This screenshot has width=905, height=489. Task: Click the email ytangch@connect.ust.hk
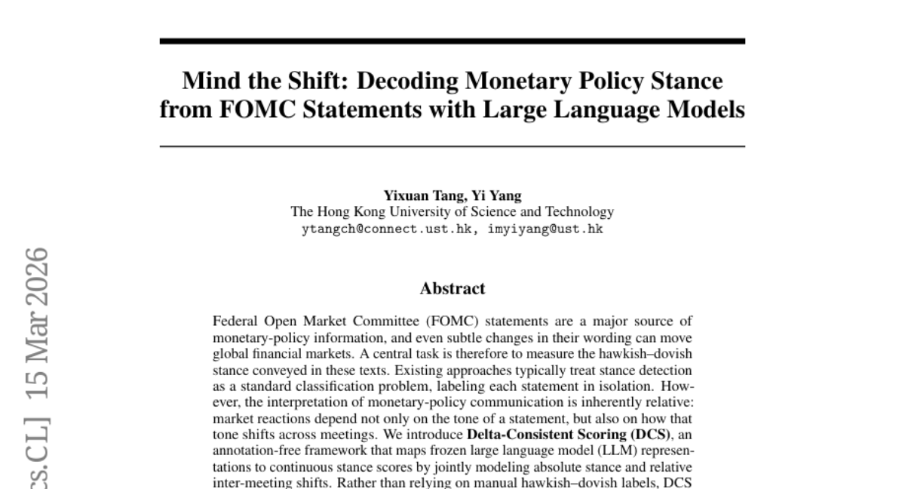click(388, 229)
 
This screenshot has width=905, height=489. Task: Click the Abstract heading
click(452, 288)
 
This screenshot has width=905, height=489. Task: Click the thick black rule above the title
click(452, 41)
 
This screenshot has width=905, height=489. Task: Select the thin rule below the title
click(452, 146)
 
